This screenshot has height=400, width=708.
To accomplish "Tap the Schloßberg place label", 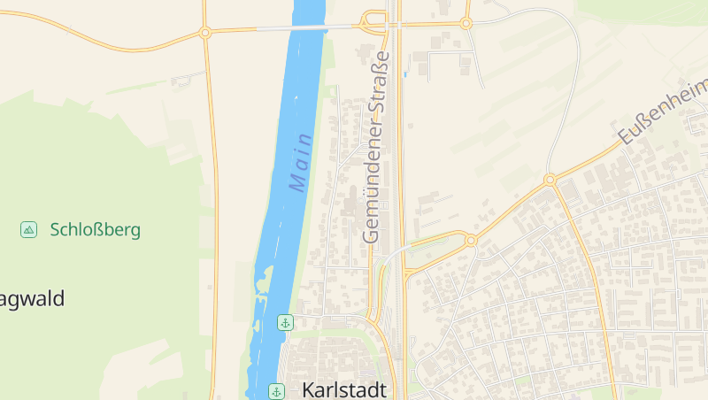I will (96, 230).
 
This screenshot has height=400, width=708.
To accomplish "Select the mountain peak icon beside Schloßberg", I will (29, 230).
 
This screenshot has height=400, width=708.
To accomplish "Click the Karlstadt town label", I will (344, 389).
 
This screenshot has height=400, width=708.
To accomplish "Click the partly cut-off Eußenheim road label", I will (665, 112).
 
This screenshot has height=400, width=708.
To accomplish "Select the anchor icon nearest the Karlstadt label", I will (276, 390).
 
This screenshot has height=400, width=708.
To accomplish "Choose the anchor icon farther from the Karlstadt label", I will (285, 322).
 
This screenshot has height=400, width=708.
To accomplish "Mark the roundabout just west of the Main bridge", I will (205, 33).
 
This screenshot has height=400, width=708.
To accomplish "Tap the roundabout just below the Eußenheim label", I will (550, 179).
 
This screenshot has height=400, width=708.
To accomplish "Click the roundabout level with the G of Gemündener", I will (471, 240).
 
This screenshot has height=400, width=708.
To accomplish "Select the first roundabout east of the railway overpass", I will (466, 23).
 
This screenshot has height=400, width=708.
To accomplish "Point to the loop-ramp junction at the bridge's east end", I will (372, 22).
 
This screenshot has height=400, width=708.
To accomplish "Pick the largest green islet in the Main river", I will (263, 281).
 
